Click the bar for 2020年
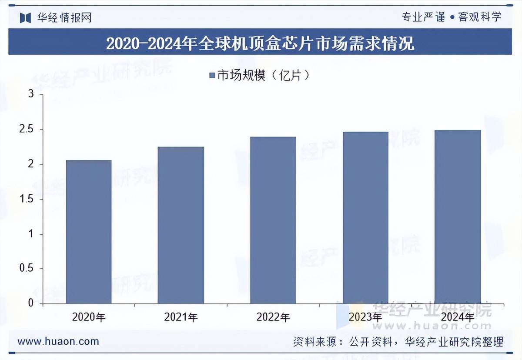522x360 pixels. point(89,232)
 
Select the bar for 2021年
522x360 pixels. point(181,225)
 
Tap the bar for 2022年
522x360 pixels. point(273,220)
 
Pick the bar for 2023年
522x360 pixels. point(365,217)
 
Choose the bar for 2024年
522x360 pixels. point(458,217)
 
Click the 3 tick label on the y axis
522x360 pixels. point(31,94)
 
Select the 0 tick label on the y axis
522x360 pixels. point(31,303)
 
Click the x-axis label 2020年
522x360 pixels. point(89,317)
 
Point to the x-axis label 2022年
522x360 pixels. point(273,317)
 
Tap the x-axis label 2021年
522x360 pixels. point(181,317)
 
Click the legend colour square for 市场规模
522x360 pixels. point(212,76)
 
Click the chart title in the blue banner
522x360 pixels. point(260,43)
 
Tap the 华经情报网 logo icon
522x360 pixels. point(25,18)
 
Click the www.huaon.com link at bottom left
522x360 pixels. point(58,341)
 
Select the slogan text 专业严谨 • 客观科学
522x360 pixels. point(452,17)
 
